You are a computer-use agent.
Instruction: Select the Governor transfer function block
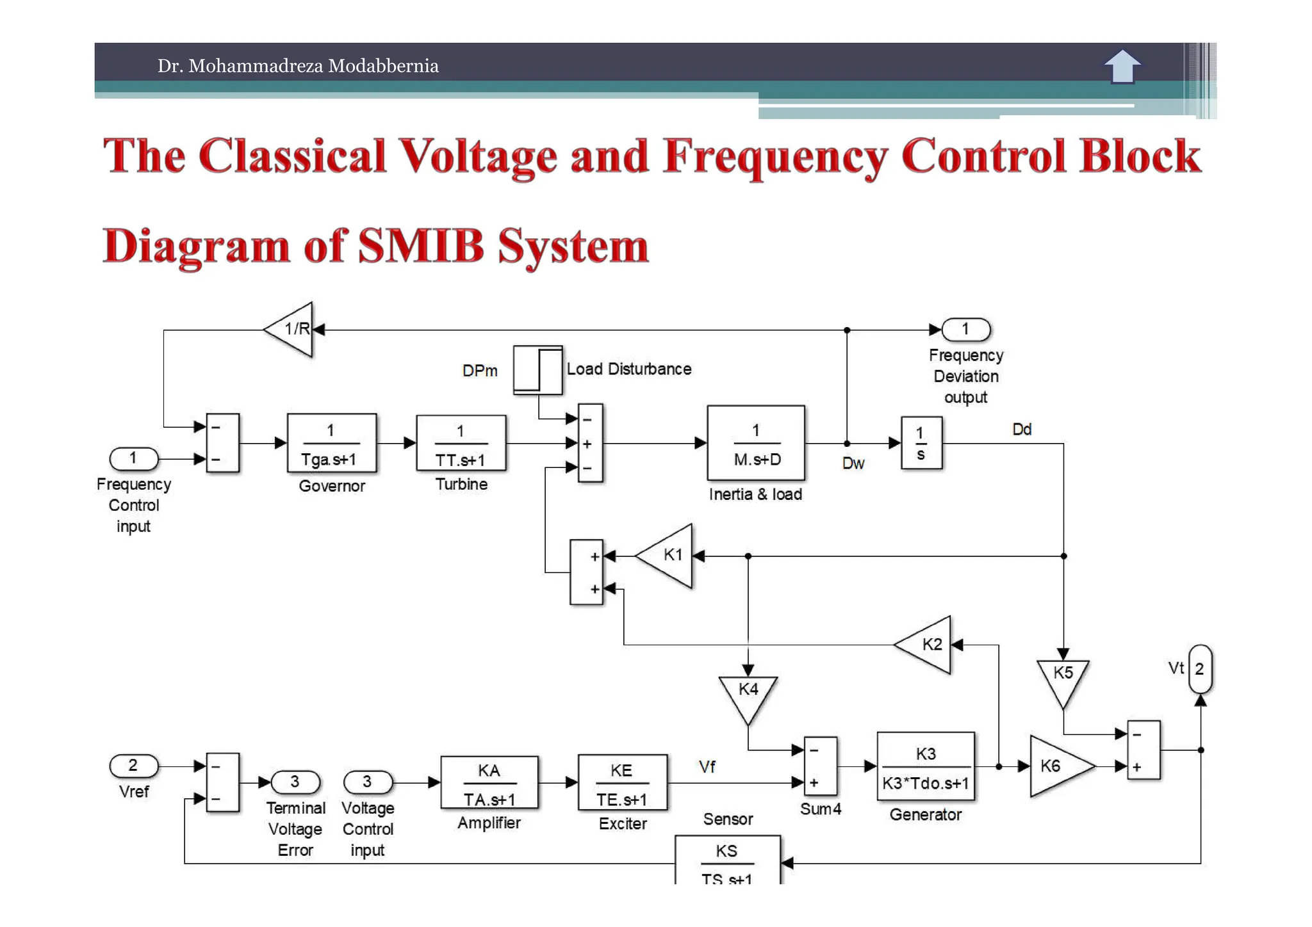coord(331,444)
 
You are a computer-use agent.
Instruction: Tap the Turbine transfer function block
coord(461,444)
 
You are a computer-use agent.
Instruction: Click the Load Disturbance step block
coord(537,370)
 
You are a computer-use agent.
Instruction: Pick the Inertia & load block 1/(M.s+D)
coord(755,443)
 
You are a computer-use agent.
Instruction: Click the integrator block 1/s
coord(921,443)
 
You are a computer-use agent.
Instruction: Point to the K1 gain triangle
coord(668,556)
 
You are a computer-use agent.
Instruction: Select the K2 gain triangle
coord(927,645)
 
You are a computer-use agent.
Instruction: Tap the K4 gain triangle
coord(748,695)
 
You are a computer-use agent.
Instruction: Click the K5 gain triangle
coord(1063,679)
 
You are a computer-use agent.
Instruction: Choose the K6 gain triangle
coord(1056,766)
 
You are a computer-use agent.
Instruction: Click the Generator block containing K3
coord(925,767)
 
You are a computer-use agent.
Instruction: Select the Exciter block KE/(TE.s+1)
coord(622,782)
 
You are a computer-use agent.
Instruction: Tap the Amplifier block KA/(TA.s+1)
coord(489,782)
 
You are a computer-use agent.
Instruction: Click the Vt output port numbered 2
coord(1199,669)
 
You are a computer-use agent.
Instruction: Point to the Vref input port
coord(133,766)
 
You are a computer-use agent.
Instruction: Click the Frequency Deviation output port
coord(965,330)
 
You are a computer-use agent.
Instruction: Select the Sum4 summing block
coord(820,766)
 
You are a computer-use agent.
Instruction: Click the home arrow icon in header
coord(1122,66)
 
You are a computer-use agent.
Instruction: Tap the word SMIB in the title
coord(420,246)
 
